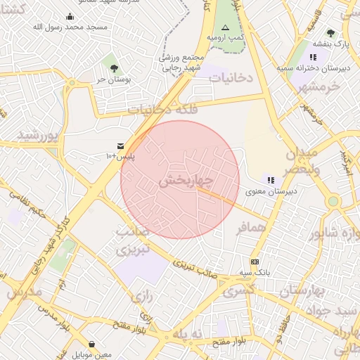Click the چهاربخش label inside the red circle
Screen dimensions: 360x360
[x=186, y=181]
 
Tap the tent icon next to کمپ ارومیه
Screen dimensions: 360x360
[x=225, y=27]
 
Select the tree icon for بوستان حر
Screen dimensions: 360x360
[x=114, y=68]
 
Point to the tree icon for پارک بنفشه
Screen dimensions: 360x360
[x=330, y=33]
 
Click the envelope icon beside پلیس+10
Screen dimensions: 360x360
[x=121, y=145]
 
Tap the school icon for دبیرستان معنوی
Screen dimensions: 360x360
[x=271, y=180]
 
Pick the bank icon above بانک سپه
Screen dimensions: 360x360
[x=254, y=262]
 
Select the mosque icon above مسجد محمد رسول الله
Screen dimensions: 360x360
[x=70, y=17]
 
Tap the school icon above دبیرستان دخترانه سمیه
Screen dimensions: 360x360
[x=313, y=57]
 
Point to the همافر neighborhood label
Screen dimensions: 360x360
[x=254, y=227]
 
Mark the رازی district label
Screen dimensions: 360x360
[x=142, y=297]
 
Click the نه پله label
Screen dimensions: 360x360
[x=189, y=333]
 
